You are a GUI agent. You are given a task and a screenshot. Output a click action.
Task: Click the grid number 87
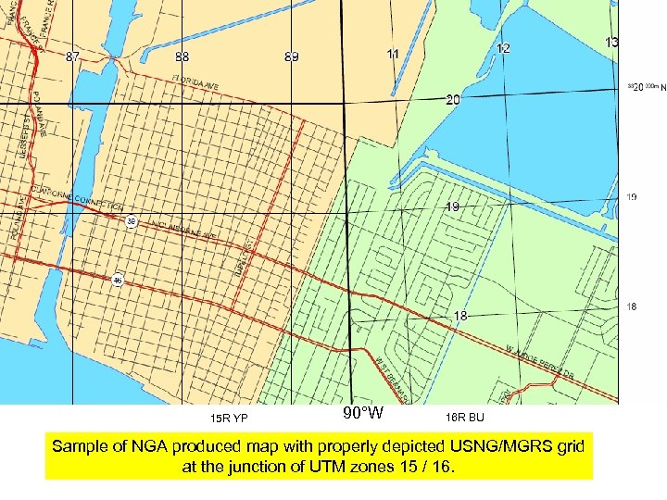tap(72, 57)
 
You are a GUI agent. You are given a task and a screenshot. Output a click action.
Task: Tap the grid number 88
tap(182, 57)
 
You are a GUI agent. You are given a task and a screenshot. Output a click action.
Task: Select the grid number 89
tap(292, 57)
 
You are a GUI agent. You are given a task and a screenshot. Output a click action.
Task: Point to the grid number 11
tap(394, 54)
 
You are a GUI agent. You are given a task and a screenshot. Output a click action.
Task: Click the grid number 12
tap(503, 48)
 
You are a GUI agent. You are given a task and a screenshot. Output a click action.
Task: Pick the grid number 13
tap(612, 43)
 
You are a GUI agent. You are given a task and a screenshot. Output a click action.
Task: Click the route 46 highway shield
tap(118, 280)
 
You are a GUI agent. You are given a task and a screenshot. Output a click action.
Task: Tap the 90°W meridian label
tap(363, 413)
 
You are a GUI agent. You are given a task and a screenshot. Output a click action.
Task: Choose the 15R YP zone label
tap(229, 417)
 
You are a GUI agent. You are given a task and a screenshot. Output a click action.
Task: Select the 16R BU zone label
tap(464, 417)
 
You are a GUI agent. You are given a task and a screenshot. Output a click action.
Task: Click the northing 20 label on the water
tap(452, 99)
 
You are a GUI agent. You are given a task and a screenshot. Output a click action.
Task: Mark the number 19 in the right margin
tap(632, 197)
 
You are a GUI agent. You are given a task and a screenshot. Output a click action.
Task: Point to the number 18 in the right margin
tap(632, 307)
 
